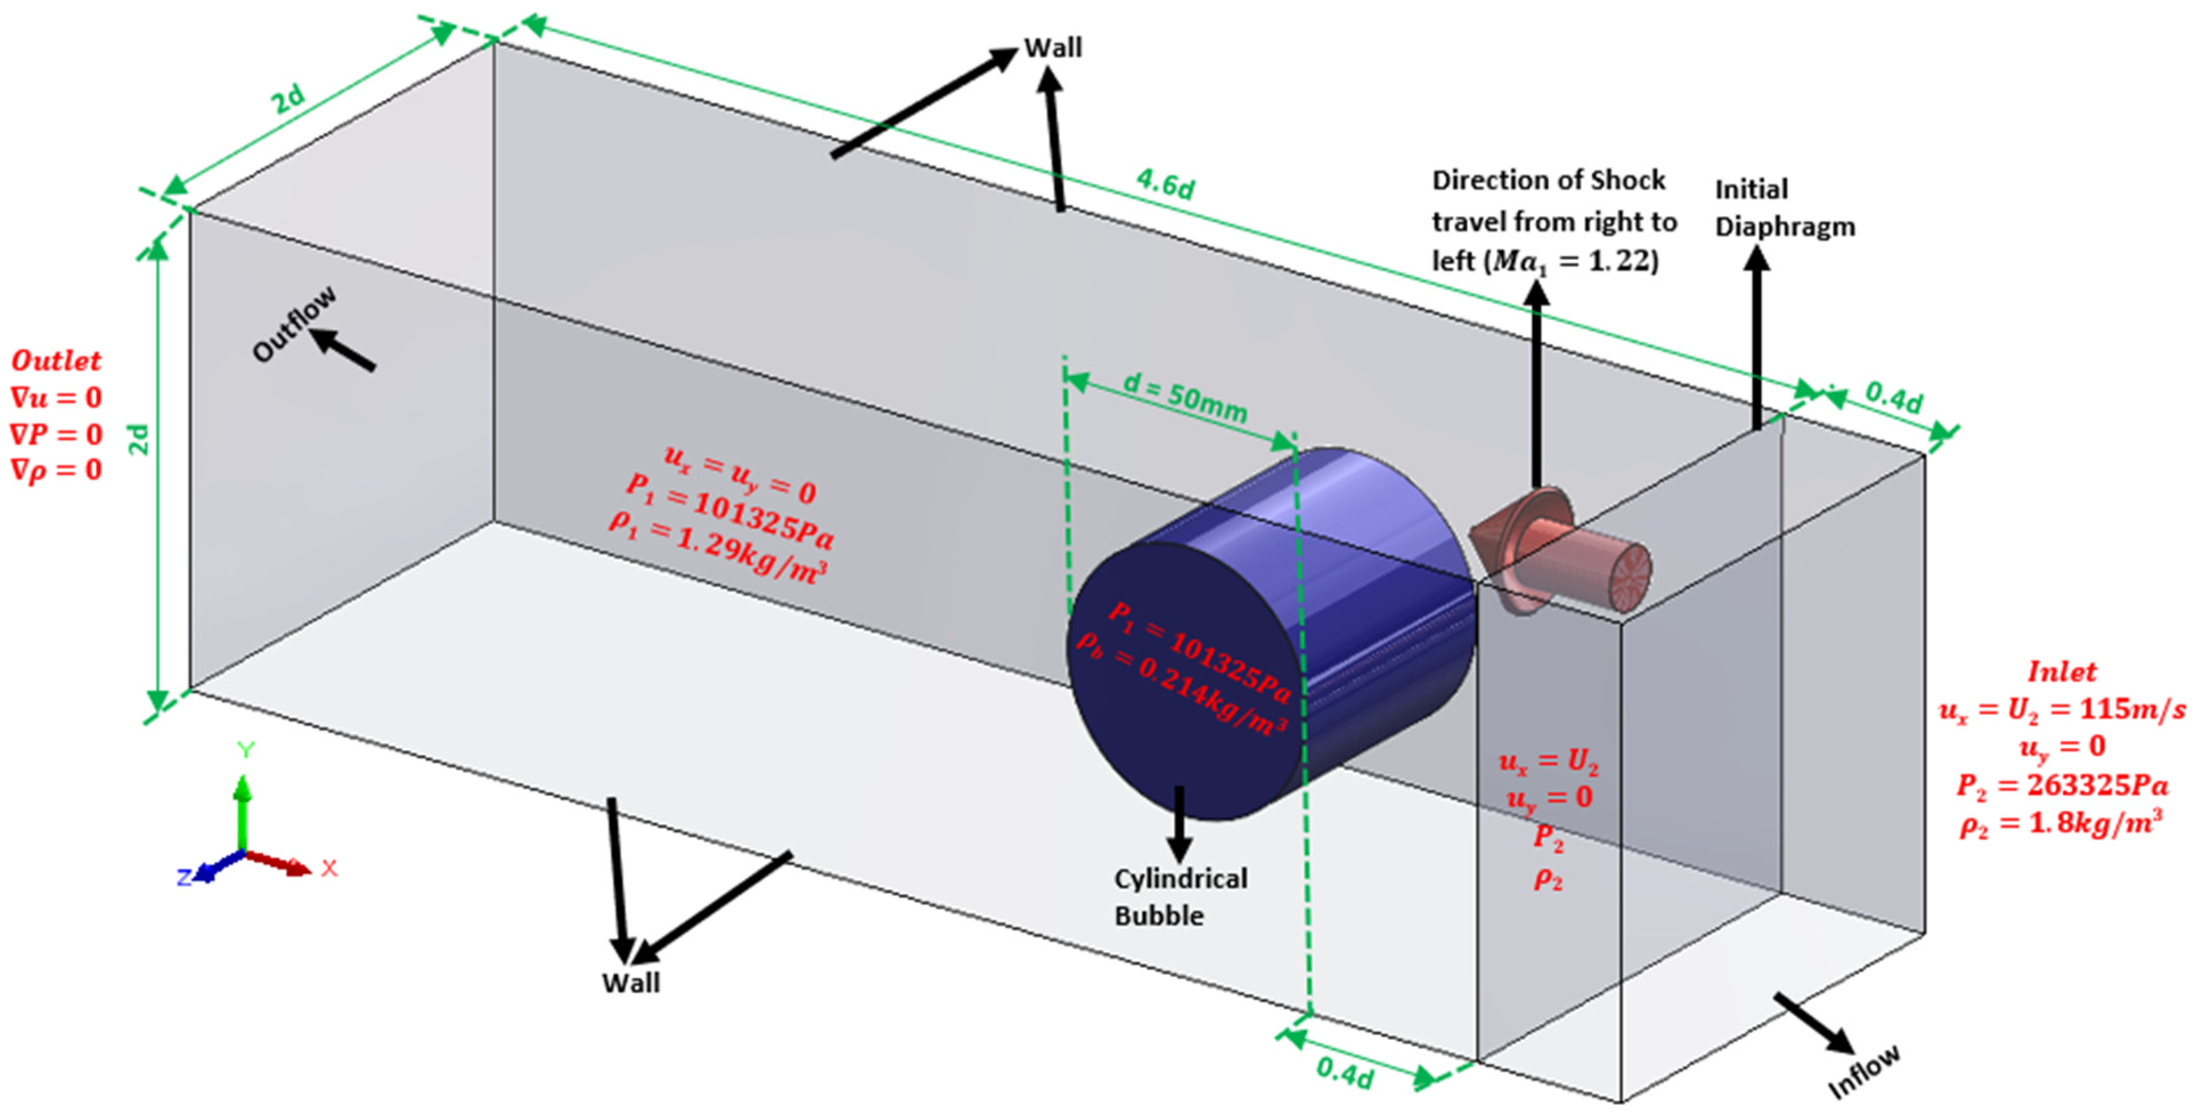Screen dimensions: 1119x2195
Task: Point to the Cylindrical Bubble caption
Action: [1180, 897]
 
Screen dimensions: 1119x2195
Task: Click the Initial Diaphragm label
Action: [1784, 208]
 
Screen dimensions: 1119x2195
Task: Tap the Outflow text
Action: [295, 324]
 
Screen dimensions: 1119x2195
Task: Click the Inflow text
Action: [1864, 1071]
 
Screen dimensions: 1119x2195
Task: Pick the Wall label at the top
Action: [1052, 48]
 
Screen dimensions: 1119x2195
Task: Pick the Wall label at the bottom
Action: [631, 983]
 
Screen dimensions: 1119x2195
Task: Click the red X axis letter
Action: [329, 868]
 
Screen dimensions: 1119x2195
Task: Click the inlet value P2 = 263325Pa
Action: [2062, 785]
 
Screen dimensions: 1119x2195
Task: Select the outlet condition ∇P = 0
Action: [56, 434]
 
